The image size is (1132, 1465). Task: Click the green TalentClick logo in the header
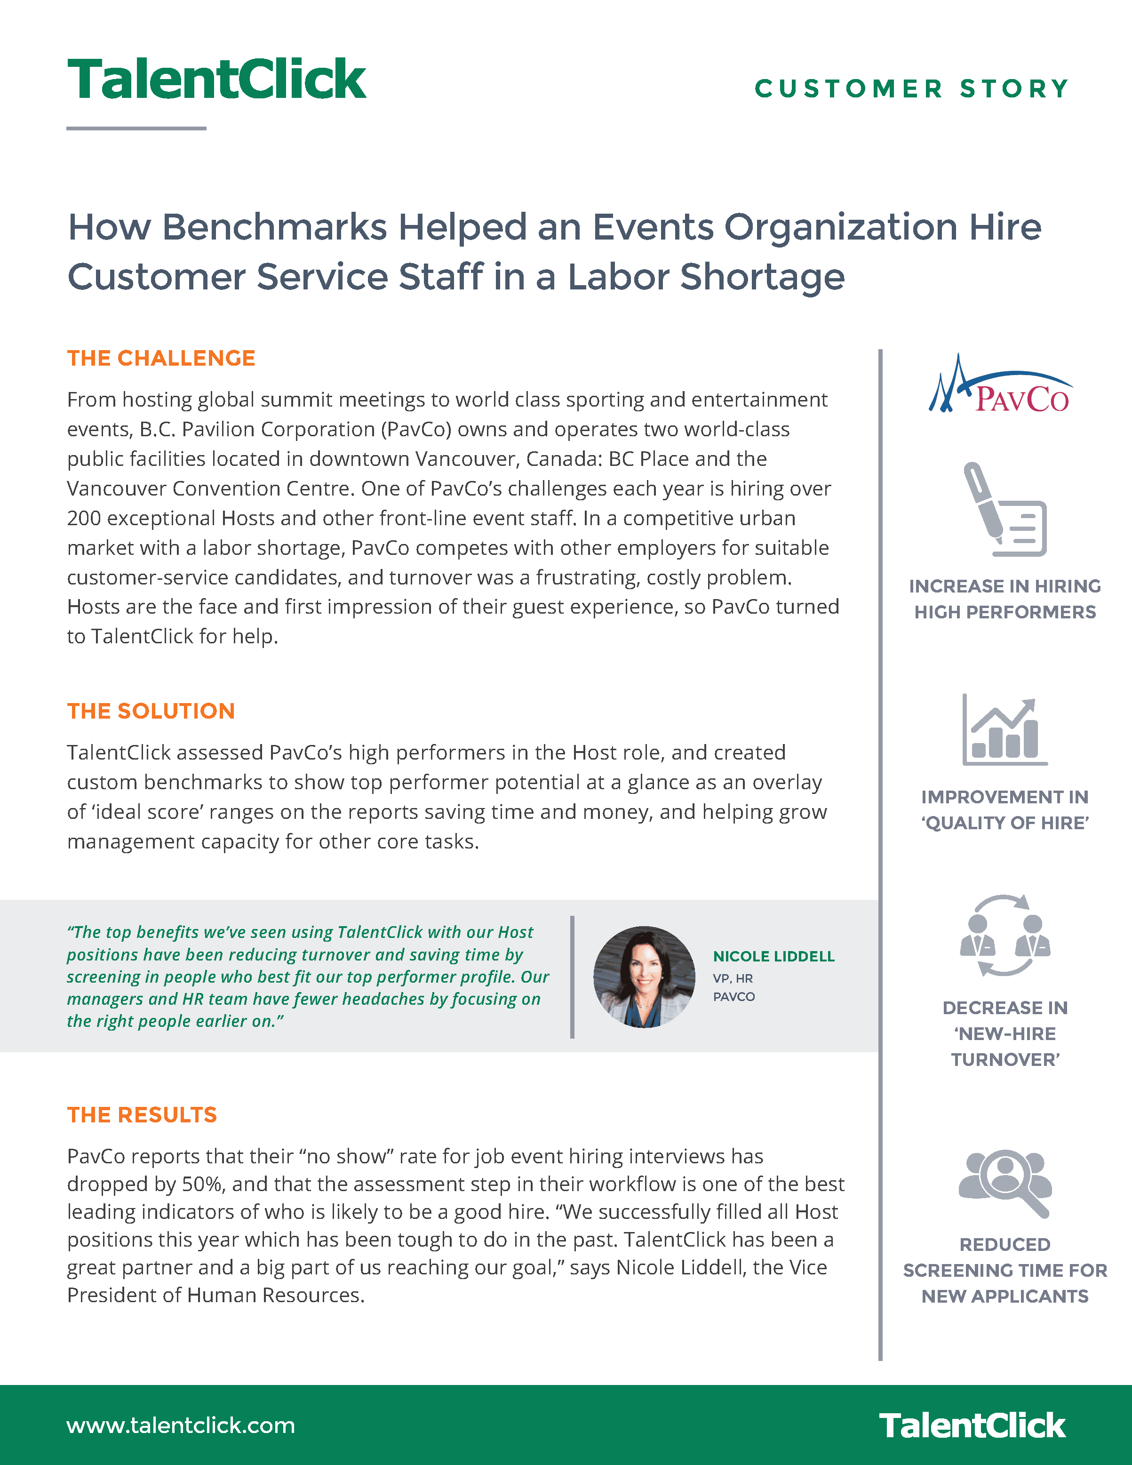pos(216,79)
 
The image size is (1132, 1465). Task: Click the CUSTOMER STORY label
pos(911,88)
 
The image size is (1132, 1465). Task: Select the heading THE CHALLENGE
pos(161,358)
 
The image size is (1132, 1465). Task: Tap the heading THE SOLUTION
pos(151,711)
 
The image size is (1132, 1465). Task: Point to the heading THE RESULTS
pos(142,1115)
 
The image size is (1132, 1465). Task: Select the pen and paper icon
pos(1004,510)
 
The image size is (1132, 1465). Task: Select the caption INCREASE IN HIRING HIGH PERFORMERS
pos(1004,599)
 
